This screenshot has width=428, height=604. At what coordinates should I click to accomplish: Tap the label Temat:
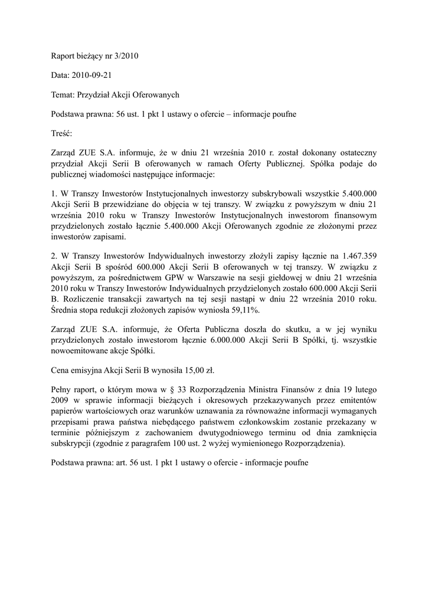63,94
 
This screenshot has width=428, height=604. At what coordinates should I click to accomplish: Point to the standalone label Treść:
61,133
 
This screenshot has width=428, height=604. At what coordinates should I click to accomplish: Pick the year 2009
61,401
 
